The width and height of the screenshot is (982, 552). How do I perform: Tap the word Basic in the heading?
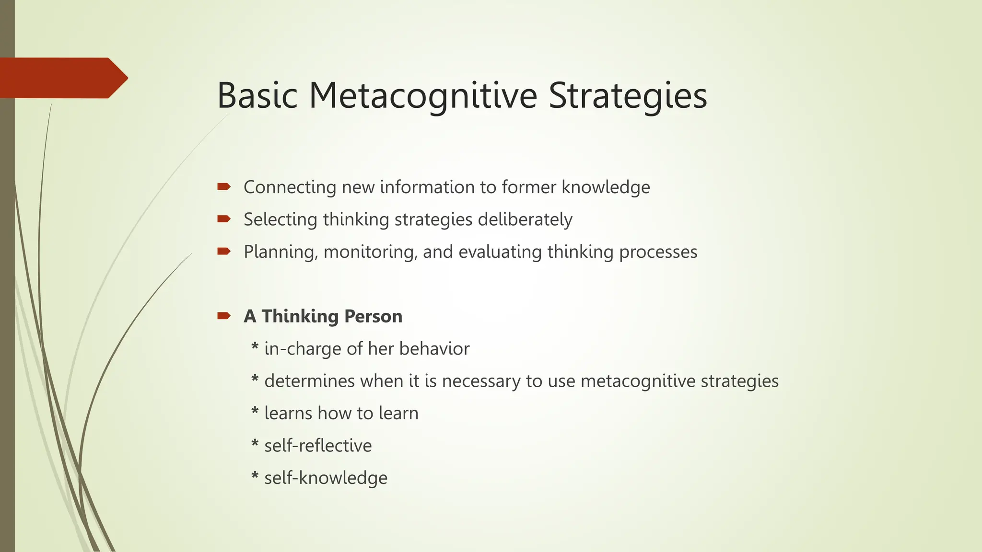coord(257,95)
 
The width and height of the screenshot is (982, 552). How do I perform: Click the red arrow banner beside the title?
coord(62,78)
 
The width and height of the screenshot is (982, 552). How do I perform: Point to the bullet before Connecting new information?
coord(224,186)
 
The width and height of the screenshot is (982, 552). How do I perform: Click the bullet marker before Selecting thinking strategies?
coord(224,219)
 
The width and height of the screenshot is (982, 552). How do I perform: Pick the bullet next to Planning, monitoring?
coord(224,251)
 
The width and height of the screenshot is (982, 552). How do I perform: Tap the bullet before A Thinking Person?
coord(224,315)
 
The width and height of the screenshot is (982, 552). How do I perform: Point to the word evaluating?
coord(500,252)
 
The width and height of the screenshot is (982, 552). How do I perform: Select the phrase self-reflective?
coord(318,446)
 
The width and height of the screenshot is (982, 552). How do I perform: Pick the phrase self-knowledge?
coord(326,478)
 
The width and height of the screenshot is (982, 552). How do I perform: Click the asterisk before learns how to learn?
coord(255,412)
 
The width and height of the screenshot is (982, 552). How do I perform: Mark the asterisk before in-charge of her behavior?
coord(255,347)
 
